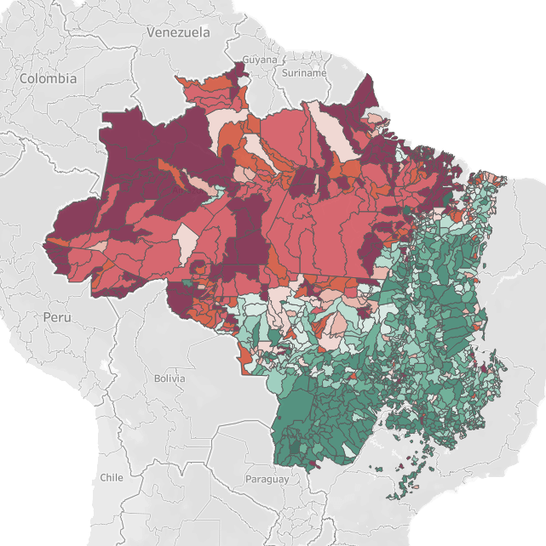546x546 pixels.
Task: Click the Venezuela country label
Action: pyautogui.click(x=177, y=32)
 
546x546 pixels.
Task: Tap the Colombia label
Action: pyautogui.click(x=48, y=78)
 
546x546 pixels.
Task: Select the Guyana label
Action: pyautogui.click(x=260, y=60)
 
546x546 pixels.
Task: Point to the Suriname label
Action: pyautogui.click(x=303, y=73)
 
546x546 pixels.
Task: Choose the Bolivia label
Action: pyautogui.click(x=170, y=378)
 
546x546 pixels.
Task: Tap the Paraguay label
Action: pyautogui.click(x=267, y=480)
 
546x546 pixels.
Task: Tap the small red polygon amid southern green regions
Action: pyautogui.click(x=351, y=375)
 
